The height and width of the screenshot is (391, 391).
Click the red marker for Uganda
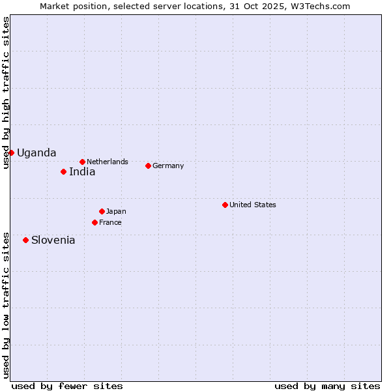(11, 152)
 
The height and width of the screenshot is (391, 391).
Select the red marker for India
(63, 171)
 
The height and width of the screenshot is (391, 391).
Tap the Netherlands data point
(82, 162)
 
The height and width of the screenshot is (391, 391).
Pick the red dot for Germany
(148, 166)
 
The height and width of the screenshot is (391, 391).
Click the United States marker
(225, 205)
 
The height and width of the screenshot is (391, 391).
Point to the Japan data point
(102, 211)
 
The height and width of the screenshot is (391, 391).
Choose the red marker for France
(94, 222)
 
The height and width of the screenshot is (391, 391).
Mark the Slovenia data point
(25, 240)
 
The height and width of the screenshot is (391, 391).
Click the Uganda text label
(36, 152)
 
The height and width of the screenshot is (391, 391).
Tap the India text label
(82, 171)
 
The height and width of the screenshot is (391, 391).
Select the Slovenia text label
(53, 240)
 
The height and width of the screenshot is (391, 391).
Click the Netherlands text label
(108, 162)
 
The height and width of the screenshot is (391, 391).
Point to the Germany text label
(168, 166)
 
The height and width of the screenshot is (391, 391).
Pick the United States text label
(253, 205)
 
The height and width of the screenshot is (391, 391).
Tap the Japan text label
(116, 211)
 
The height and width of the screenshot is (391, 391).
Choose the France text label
(110, 222)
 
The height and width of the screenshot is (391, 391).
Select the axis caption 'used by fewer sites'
(67, 386)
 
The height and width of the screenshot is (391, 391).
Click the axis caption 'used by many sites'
(327, 386)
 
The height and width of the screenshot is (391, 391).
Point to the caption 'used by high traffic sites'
(6, 93)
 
